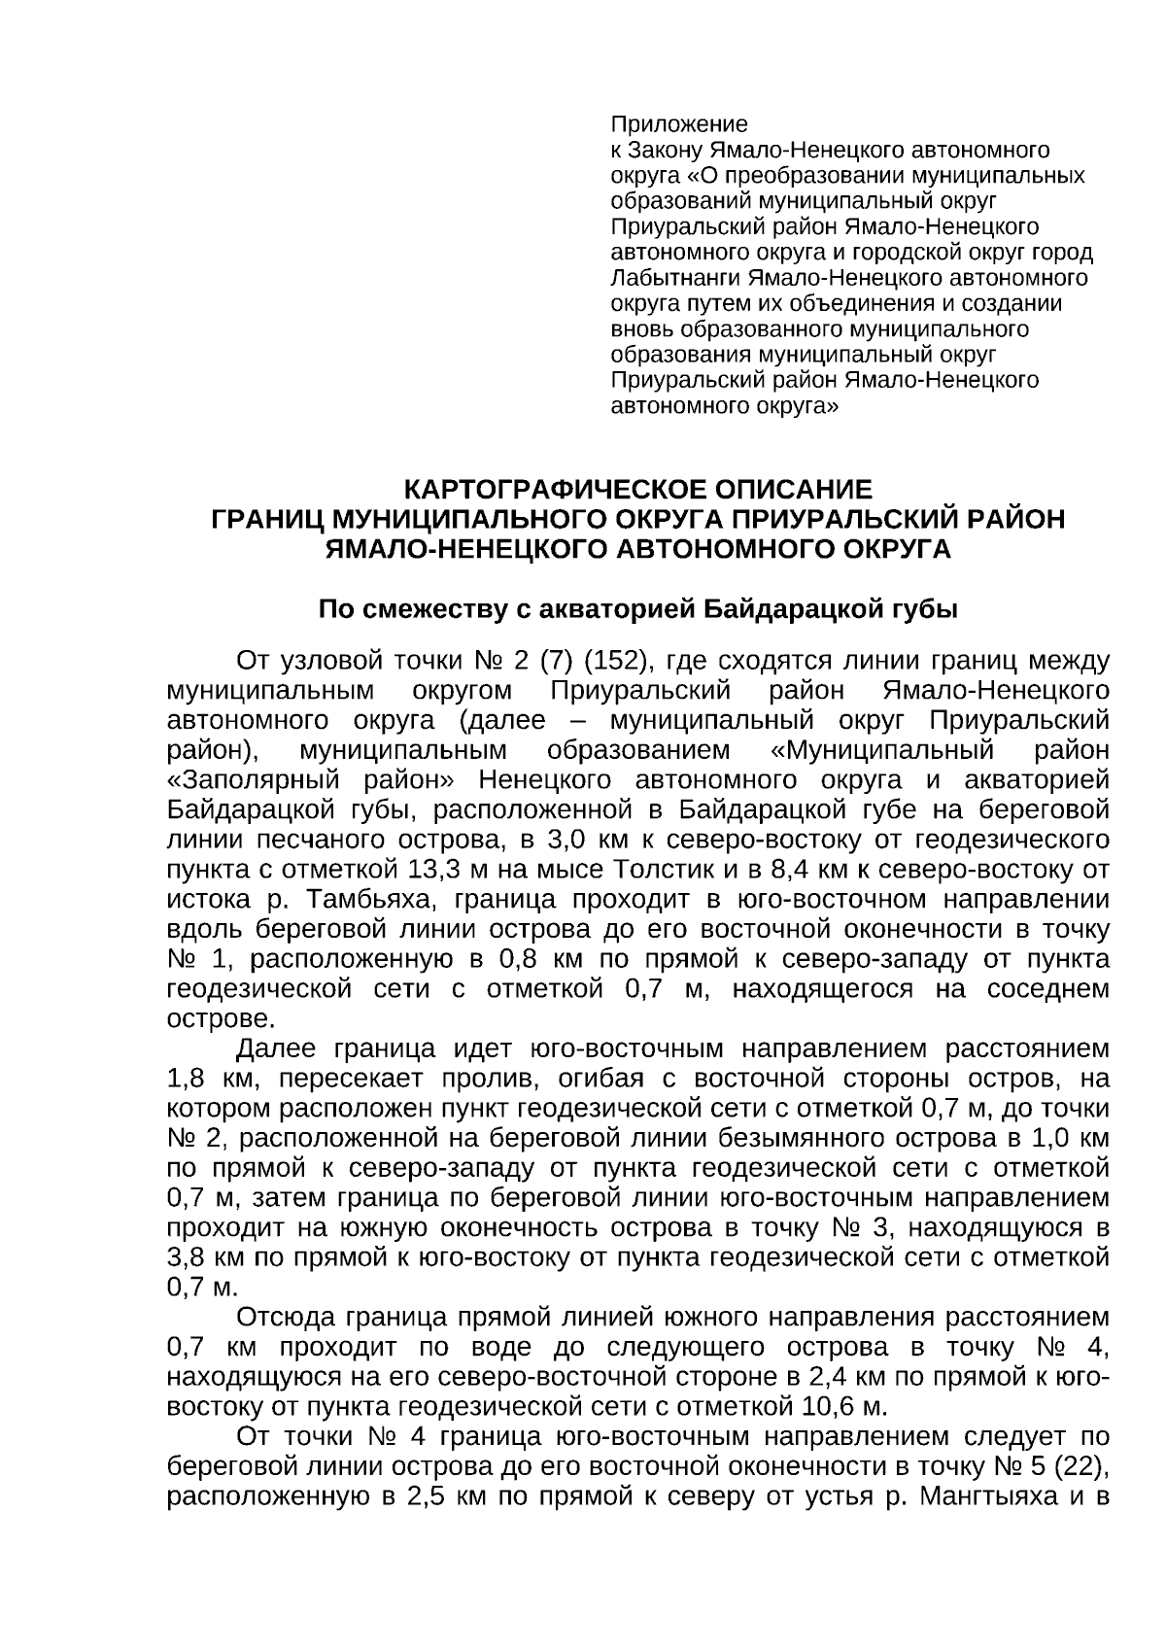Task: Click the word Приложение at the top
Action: coord(678,124)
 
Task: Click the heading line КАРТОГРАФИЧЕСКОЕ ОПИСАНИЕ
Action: coord(638,489)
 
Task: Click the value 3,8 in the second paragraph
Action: coord(187,1257)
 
